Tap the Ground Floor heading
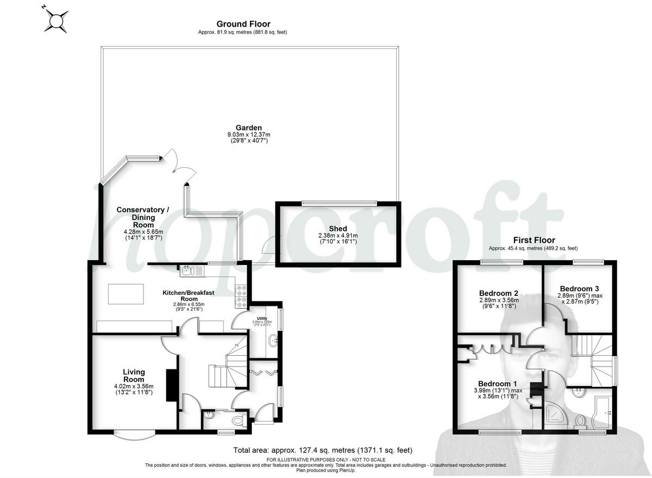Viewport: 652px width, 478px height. [243, 24]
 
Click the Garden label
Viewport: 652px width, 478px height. [248, 128]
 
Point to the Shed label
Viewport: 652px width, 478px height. [337, 229]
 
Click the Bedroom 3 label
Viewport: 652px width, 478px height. [579, 288]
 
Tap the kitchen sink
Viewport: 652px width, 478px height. [187, 269]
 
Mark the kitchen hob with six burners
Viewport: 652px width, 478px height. [241, 297]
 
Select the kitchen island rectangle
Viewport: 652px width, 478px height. [126, 294]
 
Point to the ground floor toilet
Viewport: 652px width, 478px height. [237, 420]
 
